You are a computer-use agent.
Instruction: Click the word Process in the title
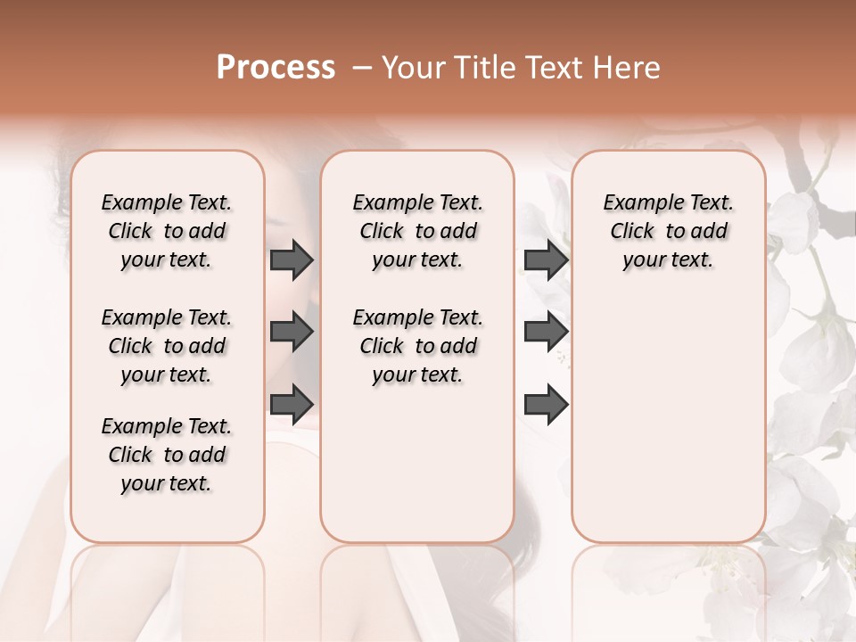point(276,68)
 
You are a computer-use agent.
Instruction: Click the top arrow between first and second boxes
point(292,259)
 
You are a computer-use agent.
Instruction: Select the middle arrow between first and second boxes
point(292,332)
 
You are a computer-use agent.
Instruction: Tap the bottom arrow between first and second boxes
point(292,403)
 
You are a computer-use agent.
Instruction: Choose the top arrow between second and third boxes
point(546,259)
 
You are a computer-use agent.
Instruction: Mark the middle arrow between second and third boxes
point(546,332)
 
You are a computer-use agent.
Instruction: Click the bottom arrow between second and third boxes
point(546,405)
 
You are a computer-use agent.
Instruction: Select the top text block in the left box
point(167,231)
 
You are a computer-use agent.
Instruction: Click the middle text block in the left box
point(167,346)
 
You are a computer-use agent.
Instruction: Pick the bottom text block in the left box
point(167,455)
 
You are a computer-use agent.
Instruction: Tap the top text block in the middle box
point(417,231)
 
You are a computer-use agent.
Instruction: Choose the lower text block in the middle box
point(417,346)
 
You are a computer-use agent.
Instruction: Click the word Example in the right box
point(638,203)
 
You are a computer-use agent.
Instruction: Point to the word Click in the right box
point(632,232)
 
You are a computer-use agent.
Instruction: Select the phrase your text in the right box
point(668,260)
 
